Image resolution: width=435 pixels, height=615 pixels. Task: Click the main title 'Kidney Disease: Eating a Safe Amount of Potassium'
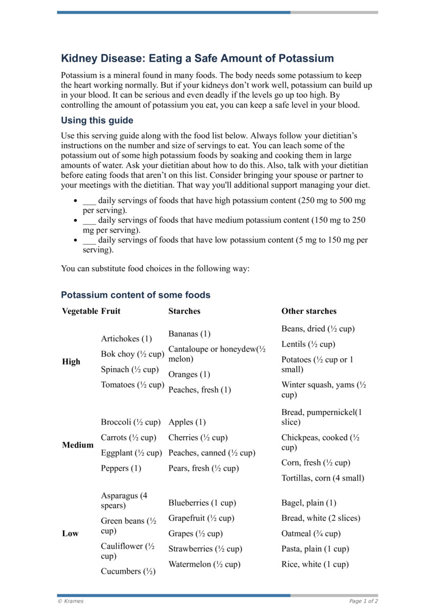pyautogui.click(x=197, y=59)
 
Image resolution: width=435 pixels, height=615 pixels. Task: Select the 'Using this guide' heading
pyautogui.click(x=97, y=121)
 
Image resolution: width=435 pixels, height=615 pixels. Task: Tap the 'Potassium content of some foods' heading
pyautogui.click(x=135, y=295)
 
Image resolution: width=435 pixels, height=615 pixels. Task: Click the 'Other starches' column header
pyautogui.click(x=308, y=312)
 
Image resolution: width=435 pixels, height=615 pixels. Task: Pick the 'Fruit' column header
pyautogui.click(x=110, y=312)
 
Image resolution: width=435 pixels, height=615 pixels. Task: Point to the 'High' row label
pyautogui.click(x=71, y=362)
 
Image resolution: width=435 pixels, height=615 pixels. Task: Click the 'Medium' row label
pyautogui.click(x=78, y=445)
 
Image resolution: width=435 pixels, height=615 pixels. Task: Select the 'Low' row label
pyautogui.click(x=70, y=534)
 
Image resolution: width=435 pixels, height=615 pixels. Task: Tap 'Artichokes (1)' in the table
pyautogui.click(x=126, y=339)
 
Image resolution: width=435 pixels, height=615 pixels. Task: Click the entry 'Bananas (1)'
pyautogui.click(x=189, y=334)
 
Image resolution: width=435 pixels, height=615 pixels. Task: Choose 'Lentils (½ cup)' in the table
pyautogui.click(x=308, y=345)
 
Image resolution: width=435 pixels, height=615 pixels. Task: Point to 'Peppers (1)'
pyautogui.click(x=121, y=469)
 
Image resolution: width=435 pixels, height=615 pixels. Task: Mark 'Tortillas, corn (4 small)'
pyautogui.click(x=322, y=479)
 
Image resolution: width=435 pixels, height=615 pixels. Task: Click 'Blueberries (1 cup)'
pyautogui.click(x=202, y=504)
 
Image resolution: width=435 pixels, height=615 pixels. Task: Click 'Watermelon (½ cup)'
pyautogui.click(x=204, y=564)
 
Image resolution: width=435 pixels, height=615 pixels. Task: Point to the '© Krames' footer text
pyautogui.click(x=71, y=601)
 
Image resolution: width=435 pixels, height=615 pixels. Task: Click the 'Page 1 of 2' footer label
pyautogui.click(x=363, y=601)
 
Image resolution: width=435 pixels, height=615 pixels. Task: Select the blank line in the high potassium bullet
pyautogui.click(x=89, y=201)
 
